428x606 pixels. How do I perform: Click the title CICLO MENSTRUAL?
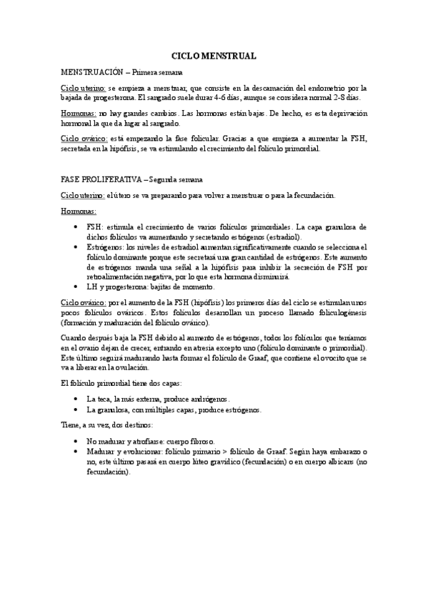tap(214, 55)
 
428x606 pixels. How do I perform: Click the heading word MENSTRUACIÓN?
tap(92, 72)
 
